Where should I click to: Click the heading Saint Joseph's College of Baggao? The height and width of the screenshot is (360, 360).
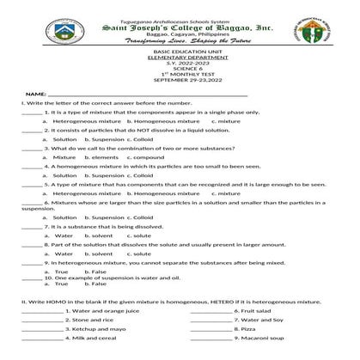click(180, 27)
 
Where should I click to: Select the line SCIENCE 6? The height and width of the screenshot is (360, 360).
click(180, 65)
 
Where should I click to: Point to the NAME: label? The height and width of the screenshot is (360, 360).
click(35, 93)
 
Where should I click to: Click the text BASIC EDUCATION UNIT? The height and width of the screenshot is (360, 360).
click(180, 52)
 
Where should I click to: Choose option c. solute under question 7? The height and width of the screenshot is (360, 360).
click(139, 235)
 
